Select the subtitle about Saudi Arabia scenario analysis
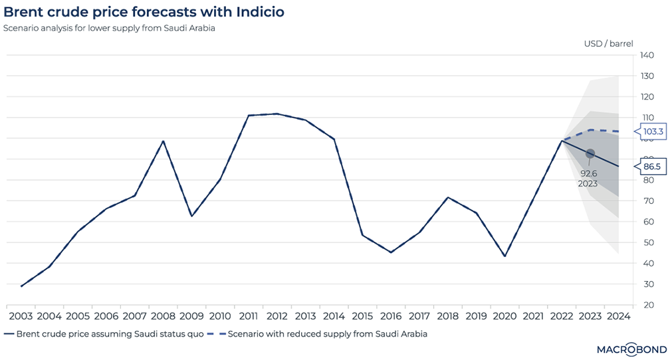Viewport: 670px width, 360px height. point(109,29)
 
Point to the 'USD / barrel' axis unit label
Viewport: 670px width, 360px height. point(609,43)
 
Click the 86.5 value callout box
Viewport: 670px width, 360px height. point(651,166)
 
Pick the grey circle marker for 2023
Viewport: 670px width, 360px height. point(590,153)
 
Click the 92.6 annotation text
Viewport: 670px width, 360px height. point(588,173)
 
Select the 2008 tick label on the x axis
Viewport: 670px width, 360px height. point(164,315)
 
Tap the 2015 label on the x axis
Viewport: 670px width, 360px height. point(362,315)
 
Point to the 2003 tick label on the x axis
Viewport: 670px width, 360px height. point(21,315)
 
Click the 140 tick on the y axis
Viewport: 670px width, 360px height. point(647,55)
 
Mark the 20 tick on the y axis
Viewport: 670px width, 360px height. point(646,306)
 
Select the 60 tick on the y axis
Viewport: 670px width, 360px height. point(646,222)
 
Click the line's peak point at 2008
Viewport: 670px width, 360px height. point(164,141)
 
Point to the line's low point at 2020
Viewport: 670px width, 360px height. point(505,256)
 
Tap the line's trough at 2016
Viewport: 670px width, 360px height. point(391,252)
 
